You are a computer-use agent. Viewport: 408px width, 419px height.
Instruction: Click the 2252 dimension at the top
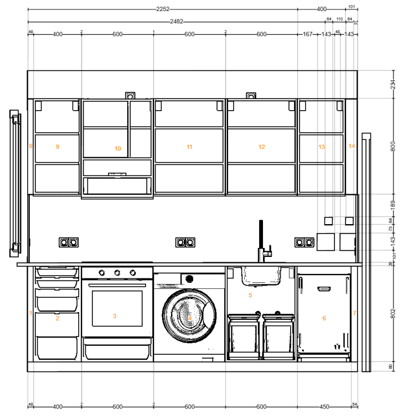click(162, 9)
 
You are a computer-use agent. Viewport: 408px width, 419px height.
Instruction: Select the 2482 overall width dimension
click(177, 22)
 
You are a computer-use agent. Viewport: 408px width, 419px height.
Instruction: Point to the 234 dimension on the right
click(394, 85)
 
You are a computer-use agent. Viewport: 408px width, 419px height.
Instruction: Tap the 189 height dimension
click(394, 205)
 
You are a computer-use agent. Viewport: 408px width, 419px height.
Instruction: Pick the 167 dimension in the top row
click(308, 34)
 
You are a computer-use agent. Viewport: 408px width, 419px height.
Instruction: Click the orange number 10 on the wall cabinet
click(117, 148)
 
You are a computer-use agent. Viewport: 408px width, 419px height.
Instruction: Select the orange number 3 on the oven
click(115, 316)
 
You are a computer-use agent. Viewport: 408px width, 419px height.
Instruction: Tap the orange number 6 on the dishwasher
click(324, 318)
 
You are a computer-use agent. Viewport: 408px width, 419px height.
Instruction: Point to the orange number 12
click(262, 147)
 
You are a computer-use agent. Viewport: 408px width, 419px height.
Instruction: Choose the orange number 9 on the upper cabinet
click(57, 147)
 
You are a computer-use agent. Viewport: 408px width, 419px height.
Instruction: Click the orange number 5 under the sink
click(250, 296)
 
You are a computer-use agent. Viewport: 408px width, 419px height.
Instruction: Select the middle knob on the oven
click(117, 272)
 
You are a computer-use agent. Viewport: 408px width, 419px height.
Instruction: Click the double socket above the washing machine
click(185, 242)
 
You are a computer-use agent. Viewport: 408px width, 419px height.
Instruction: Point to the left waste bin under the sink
click(244, 336)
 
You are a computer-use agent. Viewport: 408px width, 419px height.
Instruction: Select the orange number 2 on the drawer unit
click(57, 318)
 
